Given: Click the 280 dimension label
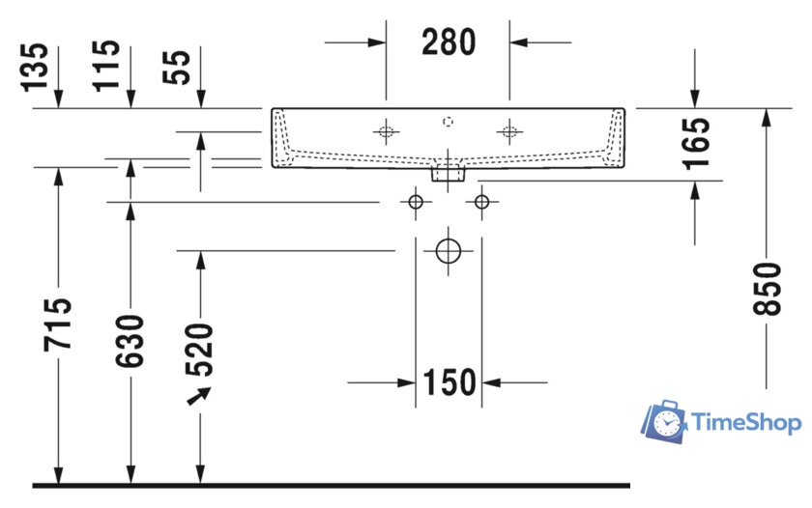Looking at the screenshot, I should pyautogui.click(x=449, y=42).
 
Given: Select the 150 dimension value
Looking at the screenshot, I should pyautogui.click(x=449, y=382).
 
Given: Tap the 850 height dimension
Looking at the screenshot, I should pyautogui.click(x=768, y=288).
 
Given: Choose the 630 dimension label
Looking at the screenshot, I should pyautogui.click(x=130, y=340).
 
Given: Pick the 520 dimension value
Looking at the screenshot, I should pyautogui.click(x=200, y=349).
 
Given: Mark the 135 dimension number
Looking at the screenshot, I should pyautogui.click(x=36, y=65).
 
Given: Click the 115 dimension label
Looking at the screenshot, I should pyautogui.click(x=107, y=65).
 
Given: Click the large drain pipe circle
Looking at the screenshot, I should pyautogui.click(x=448, y=250).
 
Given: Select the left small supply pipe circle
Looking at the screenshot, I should pyautogui.click(x=416, y=201).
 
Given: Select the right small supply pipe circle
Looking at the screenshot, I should pyautogui.click(x=481, y=201).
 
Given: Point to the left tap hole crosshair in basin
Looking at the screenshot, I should pyautogui.click(x=386, y=132).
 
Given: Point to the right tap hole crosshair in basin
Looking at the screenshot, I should pyautogui.click(x=509, y=132).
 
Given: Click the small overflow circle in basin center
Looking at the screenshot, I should pyautogui.click(x=448, y=122).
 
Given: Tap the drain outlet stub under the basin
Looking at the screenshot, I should pyautogui.click(x=448, y=174).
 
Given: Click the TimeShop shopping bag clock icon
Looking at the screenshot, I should pyautogui.click(x=665, y=421).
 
